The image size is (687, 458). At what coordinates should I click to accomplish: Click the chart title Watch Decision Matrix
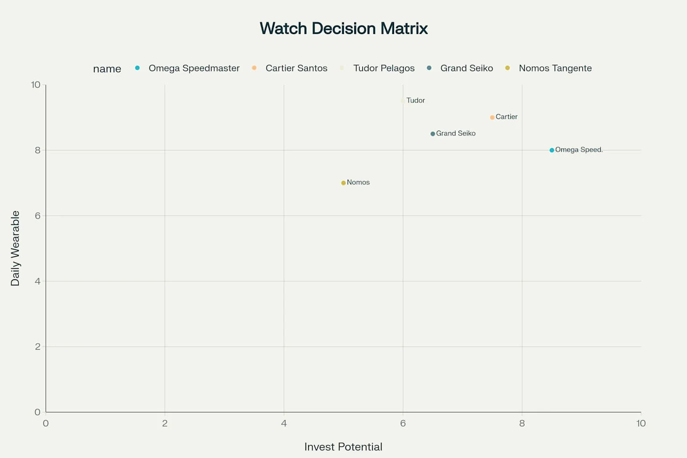point(343,29)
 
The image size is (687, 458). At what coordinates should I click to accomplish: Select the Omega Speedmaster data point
point(552,150)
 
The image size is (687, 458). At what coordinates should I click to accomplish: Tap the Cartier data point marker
point(492,117)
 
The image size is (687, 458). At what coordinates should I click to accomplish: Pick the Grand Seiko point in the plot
point(433,134)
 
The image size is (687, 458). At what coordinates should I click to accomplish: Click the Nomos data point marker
point(343,183)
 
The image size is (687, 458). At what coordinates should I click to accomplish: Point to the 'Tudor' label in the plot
point(416,101)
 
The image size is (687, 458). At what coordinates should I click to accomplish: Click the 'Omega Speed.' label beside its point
point(579,150)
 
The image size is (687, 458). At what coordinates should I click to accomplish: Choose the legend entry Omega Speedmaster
point(194,68)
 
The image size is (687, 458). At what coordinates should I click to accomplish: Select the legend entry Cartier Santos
point(296,68)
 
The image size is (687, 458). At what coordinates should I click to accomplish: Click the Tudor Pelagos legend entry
point(383,68)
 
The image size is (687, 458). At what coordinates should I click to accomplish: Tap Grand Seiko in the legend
point(466,68)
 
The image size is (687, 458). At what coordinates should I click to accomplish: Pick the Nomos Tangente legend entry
point(555,68)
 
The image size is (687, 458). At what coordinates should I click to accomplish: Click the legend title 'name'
point(107,69)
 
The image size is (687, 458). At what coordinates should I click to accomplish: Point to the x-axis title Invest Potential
point(343,447)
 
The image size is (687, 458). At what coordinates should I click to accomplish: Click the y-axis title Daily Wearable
point(15,248)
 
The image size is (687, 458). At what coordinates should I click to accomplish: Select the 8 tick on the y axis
point(38,150)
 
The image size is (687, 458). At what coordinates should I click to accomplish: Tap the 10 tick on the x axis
point(640,424)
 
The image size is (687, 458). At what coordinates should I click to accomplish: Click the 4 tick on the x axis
point(284,424)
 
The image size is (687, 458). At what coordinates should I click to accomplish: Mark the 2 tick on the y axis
point(38,347)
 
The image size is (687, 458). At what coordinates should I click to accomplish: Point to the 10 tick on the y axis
point(36,85)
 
